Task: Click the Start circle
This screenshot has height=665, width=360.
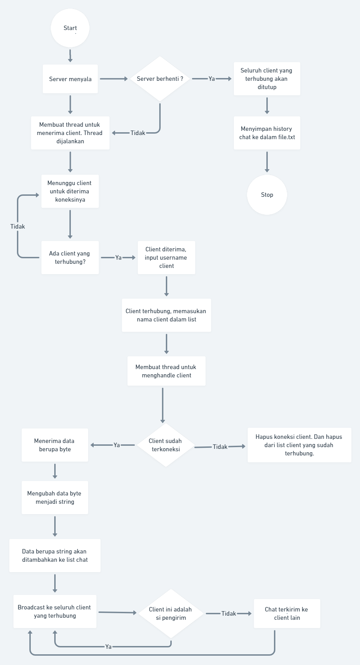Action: [x=70, y=28]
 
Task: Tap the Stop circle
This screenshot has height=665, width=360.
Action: [x=267, y=195]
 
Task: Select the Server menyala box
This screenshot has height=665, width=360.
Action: [x=70, y=79]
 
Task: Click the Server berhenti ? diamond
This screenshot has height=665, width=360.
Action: [x=160, y=79]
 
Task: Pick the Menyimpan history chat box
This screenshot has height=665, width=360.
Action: [x=267, y=133]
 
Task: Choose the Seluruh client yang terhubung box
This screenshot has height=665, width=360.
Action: [x=267, y=79]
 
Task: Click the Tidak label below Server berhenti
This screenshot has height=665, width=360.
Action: [x=138, y=133]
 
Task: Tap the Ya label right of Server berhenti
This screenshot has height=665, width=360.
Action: [x=211, y=79]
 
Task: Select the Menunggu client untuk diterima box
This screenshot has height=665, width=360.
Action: [x=70, y=191]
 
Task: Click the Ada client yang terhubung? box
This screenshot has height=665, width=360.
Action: [x=70, y=258]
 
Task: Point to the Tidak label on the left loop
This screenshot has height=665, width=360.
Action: [x=18, y=227]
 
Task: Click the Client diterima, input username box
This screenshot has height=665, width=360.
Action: [x=166, y=258]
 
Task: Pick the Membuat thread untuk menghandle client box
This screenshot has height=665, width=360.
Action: [x=166, y=371]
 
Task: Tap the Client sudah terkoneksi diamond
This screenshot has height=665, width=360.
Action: [x=165, y=445]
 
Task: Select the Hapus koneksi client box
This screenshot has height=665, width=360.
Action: [x=299, y=445]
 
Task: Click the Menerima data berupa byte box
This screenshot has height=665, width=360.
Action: [x=55, y=445]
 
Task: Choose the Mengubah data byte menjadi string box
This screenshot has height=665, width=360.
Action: [x=55, y=498]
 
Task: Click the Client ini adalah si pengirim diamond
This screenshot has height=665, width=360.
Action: [x=171, y=614]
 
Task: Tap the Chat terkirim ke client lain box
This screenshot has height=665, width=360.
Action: [x=287, y=614]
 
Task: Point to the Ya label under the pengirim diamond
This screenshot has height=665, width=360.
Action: [x=108, y=646]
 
